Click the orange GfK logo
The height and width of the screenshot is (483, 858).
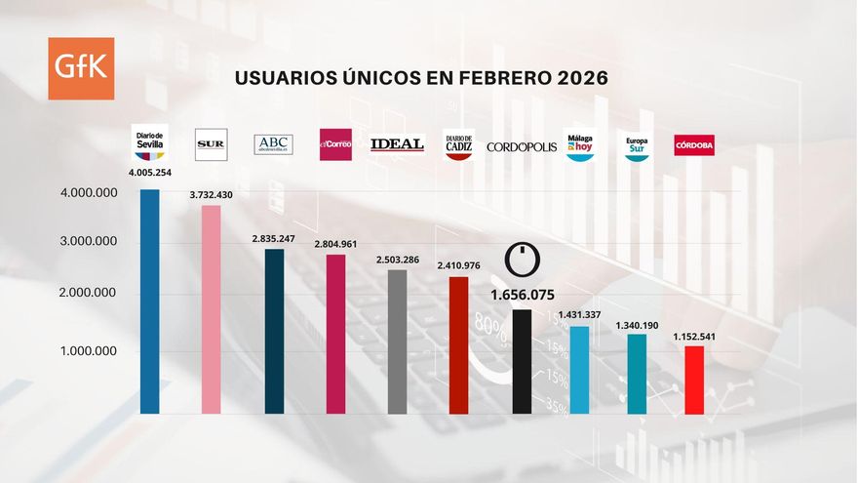pyautogui.click(x=81, y=68)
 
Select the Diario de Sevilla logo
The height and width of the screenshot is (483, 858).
pyautogui.click(x=149, y=142)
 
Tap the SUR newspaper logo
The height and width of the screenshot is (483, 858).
pyautogui.click(x=211, y=144)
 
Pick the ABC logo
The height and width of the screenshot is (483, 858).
pyautogui.click(x=273, y=144)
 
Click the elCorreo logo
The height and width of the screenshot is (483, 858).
pyautogui.click(x=335, y=144)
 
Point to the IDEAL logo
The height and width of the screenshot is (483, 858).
pyautogui.click(x=398, y=144)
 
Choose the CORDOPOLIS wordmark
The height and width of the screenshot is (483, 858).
pyautogui.click(x=522, y=146)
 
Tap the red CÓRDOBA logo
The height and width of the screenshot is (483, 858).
pyautogui.click(x=694, y=145)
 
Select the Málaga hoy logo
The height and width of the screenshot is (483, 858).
pyautogui.click(x=579, y=145)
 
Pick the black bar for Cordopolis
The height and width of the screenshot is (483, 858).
pyautogui.click(x=522, y=361)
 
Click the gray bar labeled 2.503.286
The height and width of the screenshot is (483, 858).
pyautogui.click(x=398, y=342)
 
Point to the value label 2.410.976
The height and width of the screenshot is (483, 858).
pyautogui.click(x=458, y=263)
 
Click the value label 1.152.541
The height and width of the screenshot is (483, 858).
pyautogui.click(x=694, y=337)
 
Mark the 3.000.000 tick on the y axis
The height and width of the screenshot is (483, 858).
pyautogui.click(x=88, y=241)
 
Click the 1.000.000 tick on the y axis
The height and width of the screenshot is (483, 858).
pyautogui.click(x=88, y=351)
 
